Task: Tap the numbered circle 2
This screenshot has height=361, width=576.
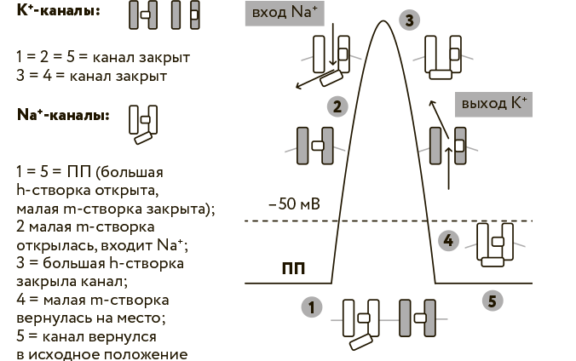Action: (x=337, y=106)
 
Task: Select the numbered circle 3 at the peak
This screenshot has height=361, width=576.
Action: (x=412, y=20)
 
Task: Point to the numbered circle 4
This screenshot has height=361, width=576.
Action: (x=448, y=240)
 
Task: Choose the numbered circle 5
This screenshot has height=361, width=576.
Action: (x=490, y=300)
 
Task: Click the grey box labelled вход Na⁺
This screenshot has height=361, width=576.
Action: (x=285, y=14)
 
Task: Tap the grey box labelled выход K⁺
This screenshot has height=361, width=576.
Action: (x=494, y=102)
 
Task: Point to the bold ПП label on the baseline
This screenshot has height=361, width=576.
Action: (x=294, y=271)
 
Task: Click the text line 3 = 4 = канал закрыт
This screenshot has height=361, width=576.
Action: (x=90, y=76)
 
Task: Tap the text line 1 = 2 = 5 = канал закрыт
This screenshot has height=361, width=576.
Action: (x=102, y=57)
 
